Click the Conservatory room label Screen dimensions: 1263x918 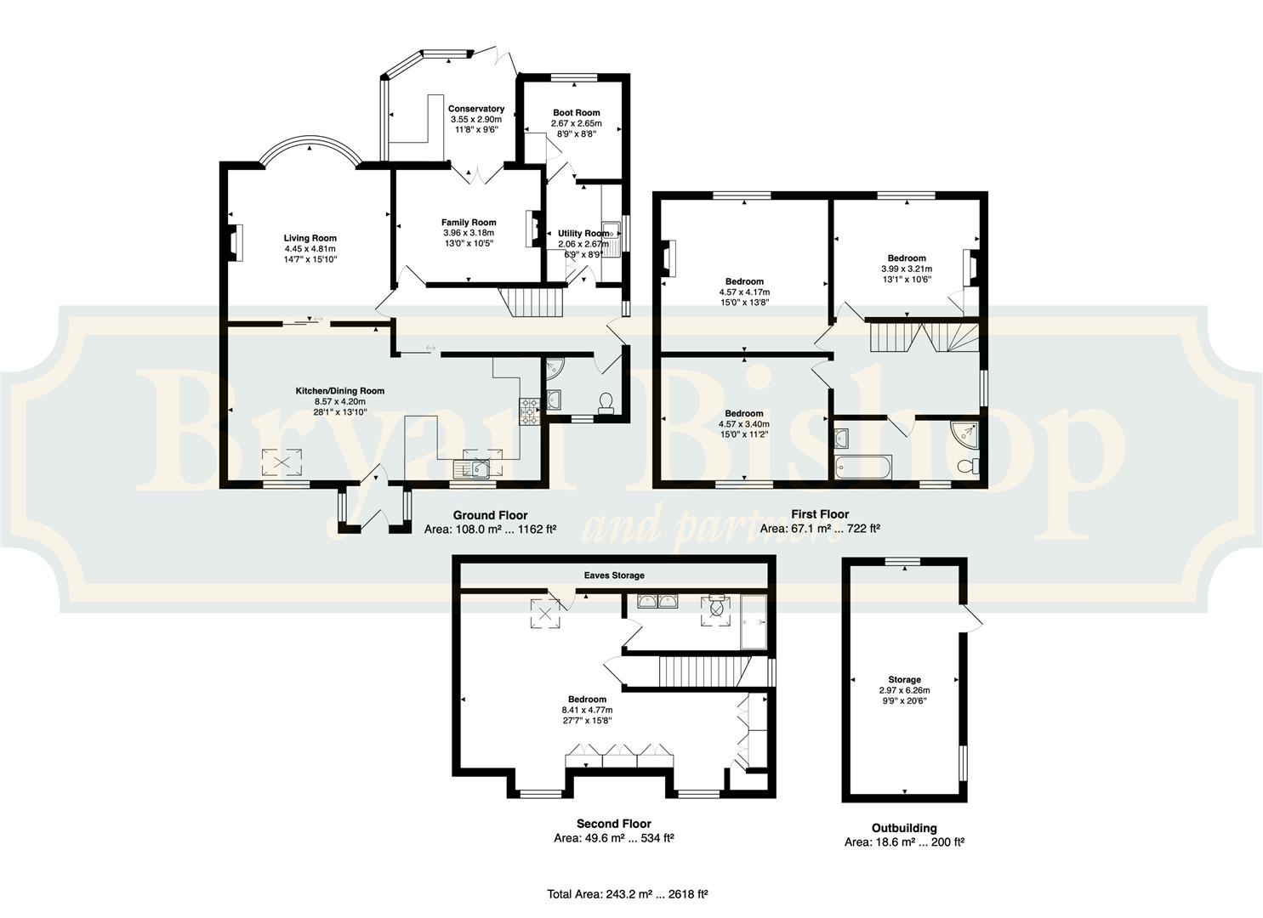pos(476,109)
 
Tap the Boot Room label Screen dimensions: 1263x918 pos(577,113)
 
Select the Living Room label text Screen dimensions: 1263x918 pos(310,238)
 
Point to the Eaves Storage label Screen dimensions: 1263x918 pos(614,575)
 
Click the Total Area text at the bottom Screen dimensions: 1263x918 pos(627,893)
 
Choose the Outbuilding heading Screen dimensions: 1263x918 pos(904,829)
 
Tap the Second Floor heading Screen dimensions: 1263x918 pos(614,824)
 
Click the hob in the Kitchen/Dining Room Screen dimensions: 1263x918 pos(530,411)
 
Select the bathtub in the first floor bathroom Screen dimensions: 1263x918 pos(863,467)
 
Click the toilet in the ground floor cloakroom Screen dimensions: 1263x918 pos(606,403)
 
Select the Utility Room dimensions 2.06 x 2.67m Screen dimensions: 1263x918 pos(583,244)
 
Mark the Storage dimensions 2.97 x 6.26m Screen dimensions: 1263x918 pos(904,690)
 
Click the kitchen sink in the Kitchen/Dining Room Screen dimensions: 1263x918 pos(472,468)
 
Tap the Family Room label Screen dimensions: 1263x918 pos(469,223)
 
